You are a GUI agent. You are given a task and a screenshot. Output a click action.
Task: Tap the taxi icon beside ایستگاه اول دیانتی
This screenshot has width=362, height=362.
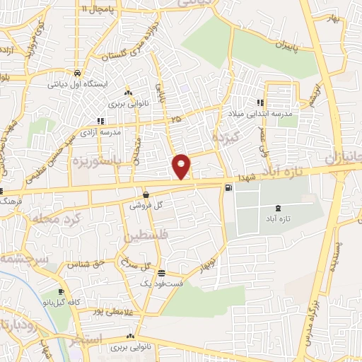[x=76, y=73]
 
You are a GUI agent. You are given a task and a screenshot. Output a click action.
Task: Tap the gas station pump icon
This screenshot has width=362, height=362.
[x=228, y=187]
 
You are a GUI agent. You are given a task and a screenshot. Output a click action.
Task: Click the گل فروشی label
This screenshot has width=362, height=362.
[x=146, y=204]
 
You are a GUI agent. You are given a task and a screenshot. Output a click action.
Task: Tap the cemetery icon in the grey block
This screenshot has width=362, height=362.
[x=276, y=209]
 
